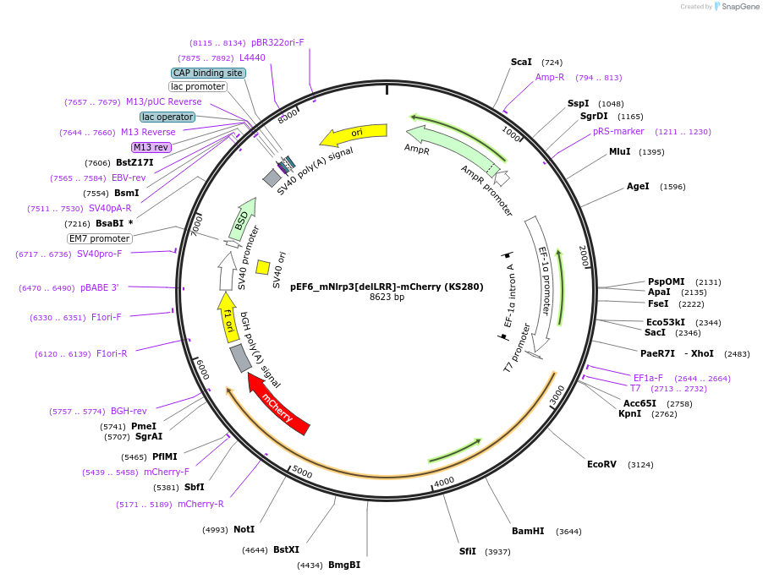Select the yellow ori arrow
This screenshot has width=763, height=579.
click(x=354, y=134)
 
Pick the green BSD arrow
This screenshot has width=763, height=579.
click(x=242, y=220)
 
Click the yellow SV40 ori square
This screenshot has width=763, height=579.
click(x=263, y=267)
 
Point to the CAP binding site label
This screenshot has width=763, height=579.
click(x=208, y=73)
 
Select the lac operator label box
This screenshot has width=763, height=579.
click(x=167, y=117)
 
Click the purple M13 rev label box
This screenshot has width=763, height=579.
click(x=151, y=147)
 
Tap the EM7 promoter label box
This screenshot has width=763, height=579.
click(x=100, y=238)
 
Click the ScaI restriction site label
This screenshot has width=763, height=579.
click(x=521, y=63)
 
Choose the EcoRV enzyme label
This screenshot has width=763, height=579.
click(x=601, y=464)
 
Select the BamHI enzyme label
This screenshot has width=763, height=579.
click(x=528, y=531)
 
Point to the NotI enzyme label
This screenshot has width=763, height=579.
click(x=244, y=529)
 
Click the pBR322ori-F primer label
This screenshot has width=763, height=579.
click(x=277, y=42)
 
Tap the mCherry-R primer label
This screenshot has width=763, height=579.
click(x=200, y=504)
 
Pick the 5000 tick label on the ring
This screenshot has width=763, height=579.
click(x=302, y=472)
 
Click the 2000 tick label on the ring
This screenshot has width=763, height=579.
click(x=584, y=256)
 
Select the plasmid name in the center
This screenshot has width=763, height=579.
click(x=387, y=287)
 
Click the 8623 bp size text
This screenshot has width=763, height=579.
click(x=387, y=297)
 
